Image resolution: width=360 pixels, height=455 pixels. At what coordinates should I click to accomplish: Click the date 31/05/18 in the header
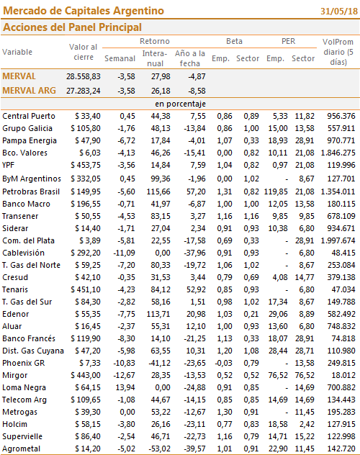tap(339, 11)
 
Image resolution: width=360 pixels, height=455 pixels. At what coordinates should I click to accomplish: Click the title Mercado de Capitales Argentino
tap(84, 11)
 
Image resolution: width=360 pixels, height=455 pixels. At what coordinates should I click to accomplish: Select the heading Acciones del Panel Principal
tap(72, 27)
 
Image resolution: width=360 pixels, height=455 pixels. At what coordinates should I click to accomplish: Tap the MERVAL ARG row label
tap(29, 91)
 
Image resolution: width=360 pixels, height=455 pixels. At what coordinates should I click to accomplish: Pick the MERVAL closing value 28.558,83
tap(84, 76)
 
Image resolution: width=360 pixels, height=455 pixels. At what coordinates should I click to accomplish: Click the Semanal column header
tap(120, 58)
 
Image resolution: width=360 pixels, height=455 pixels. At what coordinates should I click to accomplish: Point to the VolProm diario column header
tap(338, 52)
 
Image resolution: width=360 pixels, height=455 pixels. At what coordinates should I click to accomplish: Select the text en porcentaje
tap(180, 104)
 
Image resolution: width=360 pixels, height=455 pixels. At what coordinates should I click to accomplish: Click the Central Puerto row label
tap(29, 116)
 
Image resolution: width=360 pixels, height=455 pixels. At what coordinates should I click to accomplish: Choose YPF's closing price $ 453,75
tap(86, 165)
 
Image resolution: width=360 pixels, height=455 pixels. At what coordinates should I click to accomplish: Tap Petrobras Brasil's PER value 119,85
tap(276, 192)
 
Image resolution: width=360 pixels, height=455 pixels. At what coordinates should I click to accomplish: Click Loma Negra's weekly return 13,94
tap(125, 387)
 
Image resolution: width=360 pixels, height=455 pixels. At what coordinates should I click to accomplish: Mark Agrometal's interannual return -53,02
tap(159, 449)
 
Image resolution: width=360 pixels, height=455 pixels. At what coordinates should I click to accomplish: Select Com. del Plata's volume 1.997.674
tap(338, 241)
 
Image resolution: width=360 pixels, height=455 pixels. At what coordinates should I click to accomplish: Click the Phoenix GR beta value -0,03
tap(223, 364)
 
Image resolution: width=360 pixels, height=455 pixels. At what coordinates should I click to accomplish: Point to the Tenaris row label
tap(15, 289)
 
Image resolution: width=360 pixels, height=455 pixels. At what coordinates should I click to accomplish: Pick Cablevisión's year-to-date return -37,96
tap(194, 253)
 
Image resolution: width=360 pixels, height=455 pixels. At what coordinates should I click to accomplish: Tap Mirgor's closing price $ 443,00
tap(86, 376)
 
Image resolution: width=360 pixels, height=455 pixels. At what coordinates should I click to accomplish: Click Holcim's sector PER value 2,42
tap(307, 425)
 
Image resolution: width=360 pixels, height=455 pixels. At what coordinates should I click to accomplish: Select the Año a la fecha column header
tap(190, 58)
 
